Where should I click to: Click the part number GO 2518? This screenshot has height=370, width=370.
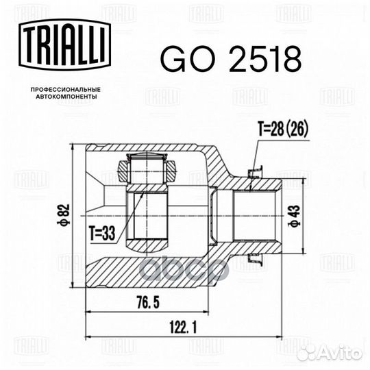230,60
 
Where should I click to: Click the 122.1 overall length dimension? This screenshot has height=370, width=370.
182,328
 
